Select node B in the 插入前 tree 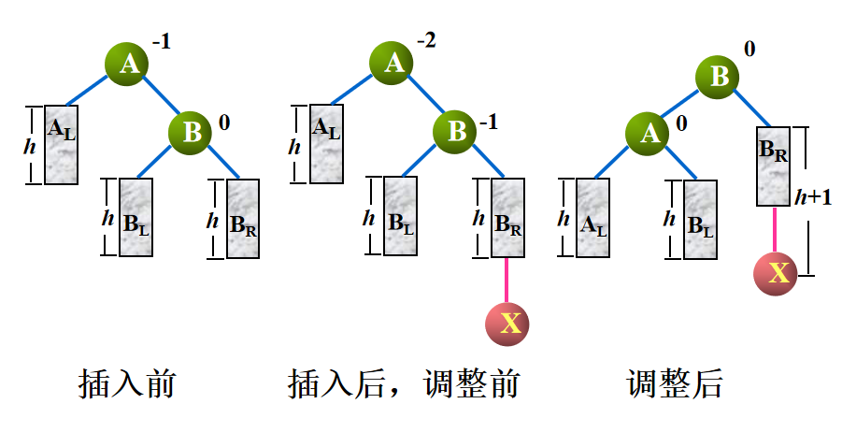pyautogui.click(x=192, y=132)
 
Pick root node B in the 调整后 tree pyautogui.click(x=719, y=76)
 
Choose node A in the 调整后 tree pyautogui.click(x=649, y=134)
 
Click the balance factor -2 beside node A pyautogui.click(x=427, y=41)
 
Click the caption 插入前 pyautogui.click(x=127, y=384)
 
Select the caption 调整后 pyautogui.click(x=675, y=384)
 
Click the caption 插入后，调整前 pyautogui.click(x=404, y=384)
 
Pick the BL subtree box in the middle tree pyautogui.click(x=400, y=216)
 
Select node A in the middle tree pyautogui.click(x=394, y=63)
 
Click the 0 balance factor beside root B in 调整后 pyautogui.click(x=749, y=48)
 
